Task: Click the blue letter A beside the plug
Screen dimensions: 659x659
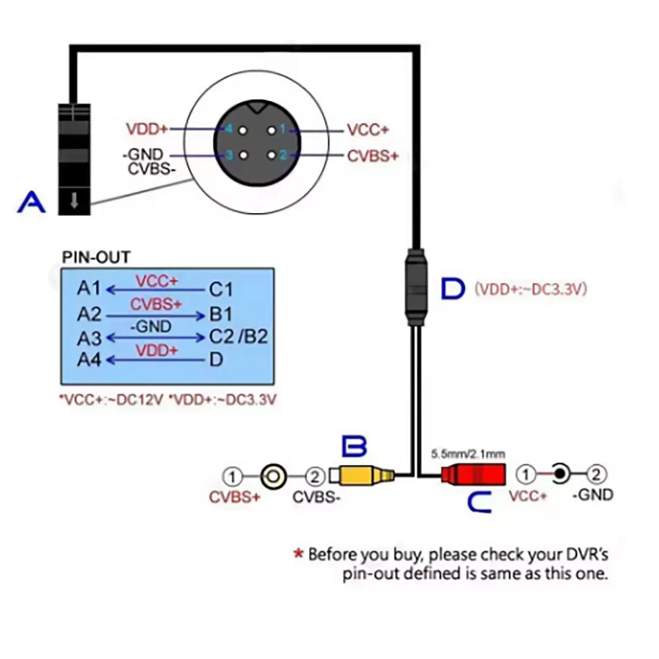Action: click(32, 202)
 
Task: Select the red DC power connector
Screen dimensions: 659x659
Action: click(473, 474)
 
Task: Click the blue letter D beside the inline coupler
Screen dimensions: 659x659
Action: click(453, 289)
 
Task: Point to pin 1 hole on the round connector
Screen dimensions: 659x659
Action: click(272, 130)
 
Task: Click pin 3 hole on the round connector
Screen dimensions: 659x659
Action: click(243, 156)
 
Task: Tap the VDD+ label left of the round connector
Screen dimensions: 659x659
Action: click(147, 129)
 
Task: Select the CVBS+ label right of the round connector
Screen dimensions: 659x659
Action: click(372, 156)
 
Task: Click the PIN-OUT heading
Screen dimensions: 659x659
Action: click(96, 257)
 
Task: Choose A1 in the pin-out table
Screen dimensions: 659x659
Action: click(89, 289)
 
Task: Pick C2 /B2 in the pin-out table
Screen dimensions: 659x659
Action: click(239, 337)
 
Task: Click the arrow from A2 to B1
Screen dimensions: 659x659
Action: click(156, 316)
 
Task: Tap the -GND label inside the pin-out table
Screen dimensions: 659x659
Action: click(151, 327)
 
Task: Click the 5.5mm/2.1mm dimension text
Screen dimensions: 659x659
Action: click(468, 454)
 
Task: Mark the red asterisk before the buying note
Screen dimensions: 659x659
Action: click(299, 553)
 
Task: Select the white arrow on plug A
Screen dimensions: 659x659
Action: click(74, 200)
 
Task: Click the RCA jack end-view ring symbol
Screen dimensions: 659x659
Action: click(273, 476)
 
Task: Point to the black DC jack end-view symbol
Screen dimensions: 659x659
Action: click(559, 474)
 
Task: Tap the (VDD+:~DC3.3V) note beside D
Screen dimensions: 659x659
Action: click(530, 289)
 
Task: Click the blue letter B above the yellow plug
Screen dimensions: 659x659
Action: click(355, 446)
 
